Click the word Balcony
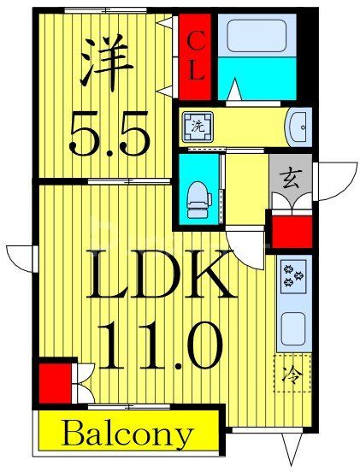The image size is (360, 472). click(x=126, y=434)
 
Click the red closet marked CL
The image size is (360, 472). click(x=196, y=55)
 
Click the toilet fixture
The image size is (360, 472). click(x=198, y=195)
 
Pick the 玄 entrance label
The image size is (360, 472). click(x=289, y=180)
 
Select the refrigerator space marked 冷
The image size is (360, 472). click(x=292, y=374)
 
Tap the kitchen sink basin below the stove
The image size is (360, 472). click(x=293, y=327)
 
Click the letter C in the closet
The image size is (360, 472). click(x=196, y=38)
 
